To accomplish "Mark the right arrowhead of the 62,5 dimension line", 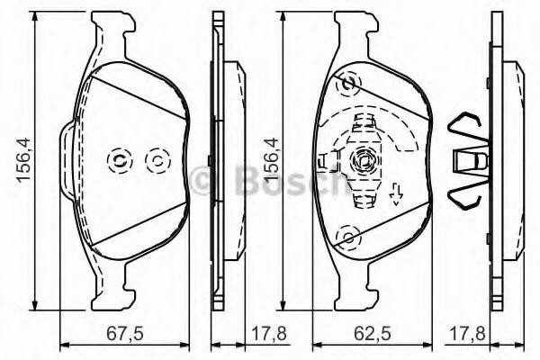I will point(427,343).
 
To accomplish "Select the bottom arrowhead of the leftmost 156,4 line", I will point(36,303).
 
